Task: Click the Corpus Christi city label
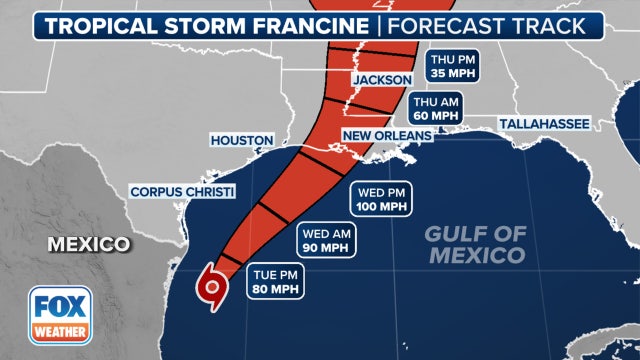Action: (x=182, y=191)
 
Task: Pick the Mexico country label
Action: (x=88, y=243)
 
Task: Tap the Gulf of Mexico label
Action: (x=474, y=244)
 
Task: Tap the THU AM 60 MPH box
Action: (x=435, y=107)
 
